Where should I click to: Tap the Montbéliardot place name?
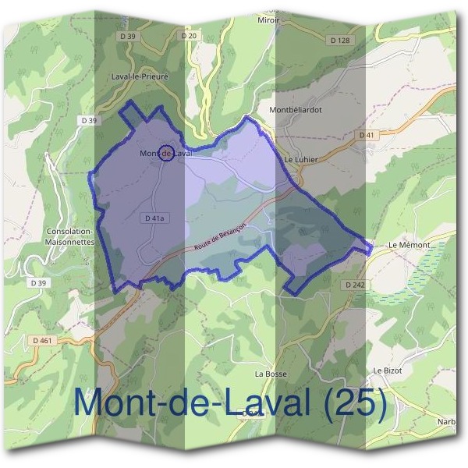(x=295, y=110)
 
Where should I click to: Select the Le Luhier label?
(x=298, y=159)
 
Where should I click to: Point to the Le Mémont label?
(x=409, y=245)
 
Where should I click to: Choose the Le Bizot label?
(x=388, y=370)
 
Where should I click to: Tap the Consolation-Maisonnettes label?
(x=71, y=237)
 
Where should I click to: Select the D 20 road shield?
(x=189, y=36)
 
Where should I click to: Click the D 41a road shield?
(x=154, y=219)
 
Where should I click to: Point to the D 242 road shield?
(x=355, y=285)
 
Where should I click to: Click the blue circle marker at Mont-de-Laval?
(x=165, y=153)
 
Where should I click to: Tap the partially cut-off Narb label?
(x=446, y=422)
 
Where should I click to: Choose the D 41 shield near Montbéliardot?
(x=367, y=135)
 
